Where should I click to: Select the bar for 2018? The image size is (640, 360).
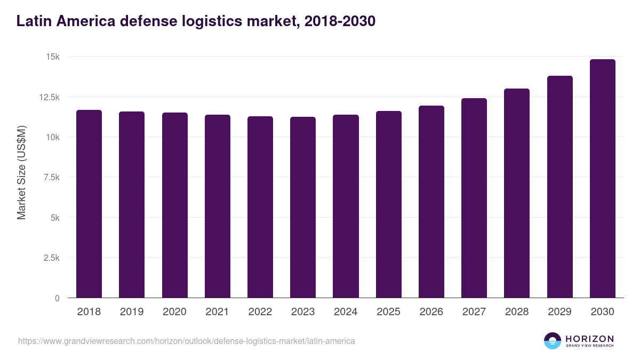tap(89, 204)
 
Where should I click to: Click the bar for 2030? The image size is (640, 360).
tap(602, 179)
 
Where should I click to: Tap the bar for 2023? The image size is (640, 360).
tap(303, 207)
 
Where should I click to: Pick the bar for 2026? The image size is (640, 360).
tap(431, 202)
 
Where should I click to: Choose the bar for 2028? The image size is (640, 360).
tap(517, 193)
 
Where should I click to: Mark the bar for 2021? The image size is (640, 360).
tap(218, 206)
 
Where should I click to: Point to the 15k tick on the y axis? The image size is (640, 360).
tap(52, 57)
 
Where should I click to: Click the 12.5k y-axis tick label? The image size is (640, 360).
tap(49, 97)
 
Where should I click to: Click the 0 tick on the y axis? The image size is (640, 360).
tap(57, 298)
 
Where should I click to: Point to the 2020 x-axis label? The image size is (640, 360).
tap(174, 312)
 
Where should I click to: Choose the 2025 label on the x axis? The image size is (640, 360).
tap(388, 312)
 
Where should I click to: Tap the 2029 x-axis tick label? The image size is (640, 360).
tap(559, 312)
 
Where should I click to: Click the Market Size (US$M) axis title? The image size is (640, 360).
tap(21, 172)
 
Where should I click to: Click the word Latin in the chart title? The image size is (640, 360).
tap(34, 21)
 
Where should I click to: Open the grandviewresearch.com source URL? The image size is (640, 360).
tap(186, 341)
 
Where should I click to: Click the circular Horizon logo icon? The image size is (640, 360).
tap(553, 341)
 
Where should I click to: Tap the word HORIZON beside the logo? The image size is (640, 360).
tap(589, 338)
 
